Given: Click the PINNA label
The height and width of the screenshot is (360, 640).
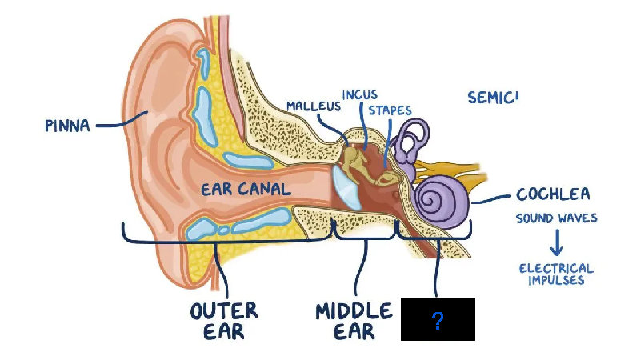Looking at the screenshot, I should pos(67,125).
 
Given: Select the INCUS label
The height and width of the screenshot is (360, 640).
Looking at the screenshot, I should pos(359,94).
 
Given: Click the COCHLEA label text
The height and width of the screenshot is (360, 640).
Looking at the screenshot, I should pos(553,194).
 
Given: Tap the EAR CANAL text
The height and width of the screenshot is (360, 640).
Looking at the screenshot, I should pos(246,190).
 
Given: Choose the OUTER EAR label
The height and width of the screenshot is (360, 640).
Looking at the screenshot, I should pos(223,319).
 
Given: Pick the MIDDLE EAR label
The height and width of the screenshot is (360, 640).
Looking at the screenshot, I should pos(354,319).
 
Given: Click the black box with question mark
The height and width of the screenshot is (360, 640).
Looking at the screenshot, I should pos(438,319).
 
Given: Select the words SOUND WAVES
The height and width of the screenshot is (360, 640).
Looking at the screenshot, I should pos(556,218).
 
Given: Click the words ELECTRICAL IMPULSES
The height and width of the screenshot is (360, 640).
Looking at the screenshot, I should pos(556,274).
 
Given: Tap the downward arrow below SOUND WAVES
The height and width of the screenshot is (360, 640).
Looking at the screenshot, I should pos(556,242).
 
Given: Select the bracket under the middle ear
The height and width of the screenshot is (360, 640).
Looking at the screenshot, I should pos(364,239).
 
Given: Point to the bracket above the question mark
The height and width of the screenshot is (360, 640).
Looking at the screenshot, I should pos(437,238).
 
